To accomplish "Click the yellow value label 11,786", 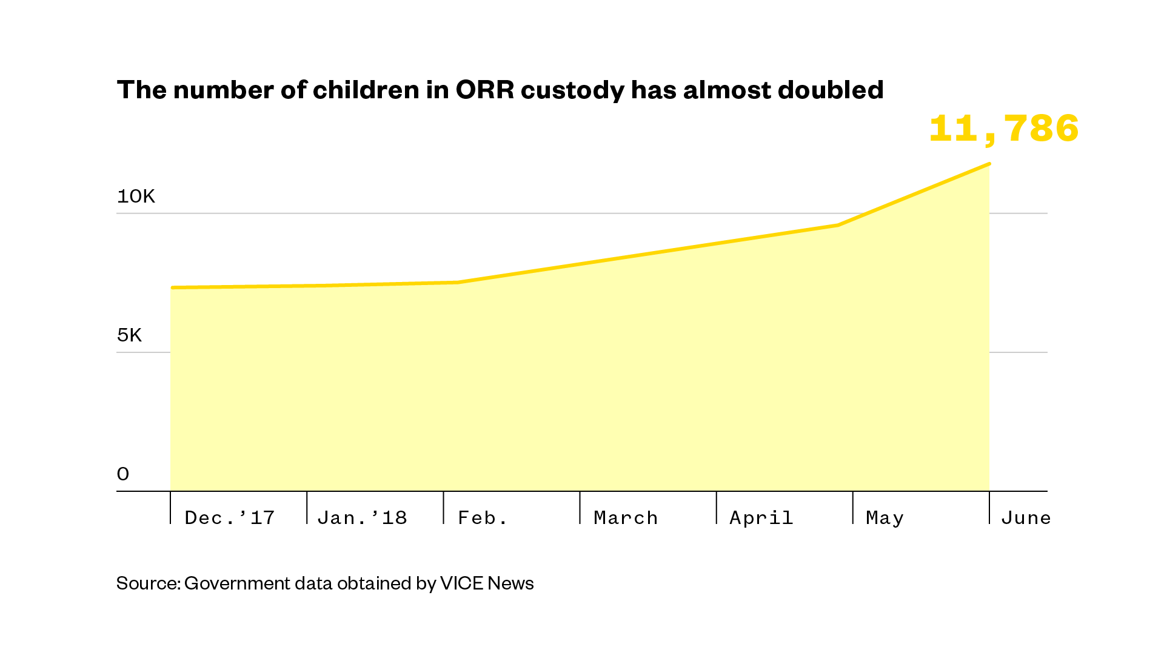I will click(x=1003, y=129).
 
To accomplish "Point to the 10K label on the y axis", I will click(x=136, y=196).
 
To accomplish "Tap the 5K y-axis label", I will click(x=129, y=335).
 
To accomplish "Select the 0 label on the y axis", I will click(x=123, y=474).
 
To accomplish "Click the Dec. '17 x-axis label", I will click(x=230, y=518).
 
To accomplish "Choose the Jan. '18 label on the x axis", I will click(x=362, y=518).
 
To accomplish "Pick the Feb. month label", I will click(x=483, y=518).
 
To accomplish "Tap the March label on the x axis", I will click(x=626, y=518).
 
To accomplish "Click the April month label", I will click(x=761, y=518).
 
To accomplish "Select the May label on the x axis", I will click(x=885, y=518).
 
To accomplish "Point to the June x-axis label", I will click(x=1026, y=518).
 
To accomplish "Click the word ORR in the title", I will click(x=484, y=90).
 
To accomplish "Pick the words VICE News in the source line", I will click(x=487, y=583).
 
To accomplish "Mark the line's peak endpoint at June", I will click(x=989, y=164).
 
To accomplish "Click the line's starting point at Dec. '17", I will click(x=172, y=287).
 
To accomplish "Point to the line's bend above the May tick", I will click(x=838, y=225).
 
